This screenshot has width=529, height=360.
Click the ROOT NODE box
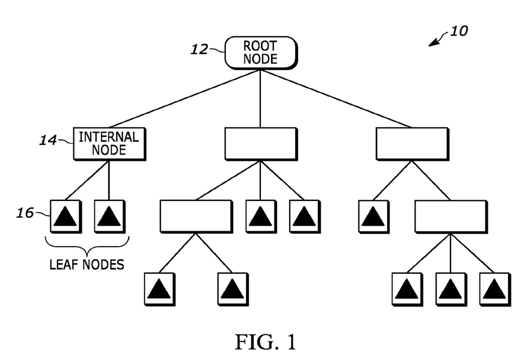261,52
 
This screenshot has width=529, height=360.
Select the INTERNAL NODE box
109,143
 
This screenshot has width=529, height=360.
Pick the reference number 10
458,31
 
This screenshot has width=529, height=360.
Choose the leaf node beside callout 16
65,216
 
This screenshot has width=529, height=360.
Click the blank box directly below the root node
260,143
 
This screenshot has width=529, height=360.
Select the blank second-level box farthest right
412,143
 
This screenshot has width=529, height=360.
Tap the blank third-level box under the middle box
195,216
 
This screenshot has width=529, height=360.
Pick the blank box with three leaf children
450,216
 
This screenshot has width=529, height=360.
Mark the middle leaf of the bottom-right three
450,289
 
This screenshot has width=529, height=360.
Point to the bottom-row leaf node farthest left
159,289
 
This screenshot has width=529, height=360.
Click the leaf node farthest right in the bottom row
494,289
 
